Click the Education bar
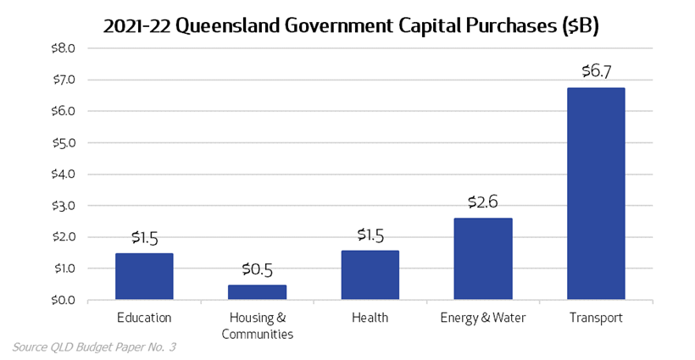144,276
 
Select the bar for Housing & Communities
257,292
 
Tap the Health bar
370,275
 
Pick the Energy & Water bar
482,258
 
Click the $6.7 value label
596,71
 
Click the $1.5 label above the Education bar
144,237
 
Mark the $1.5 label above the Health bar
370,235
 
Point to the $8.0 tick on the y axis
64,48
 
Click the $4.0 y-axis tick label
64,174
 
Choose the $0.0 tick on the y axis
64,300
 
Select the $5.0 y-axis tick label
64,143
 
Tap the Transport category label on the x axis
596,318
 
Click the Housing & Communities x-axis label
257,326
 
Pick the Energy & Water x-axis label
482,318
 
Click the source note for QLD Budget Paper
93,347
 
